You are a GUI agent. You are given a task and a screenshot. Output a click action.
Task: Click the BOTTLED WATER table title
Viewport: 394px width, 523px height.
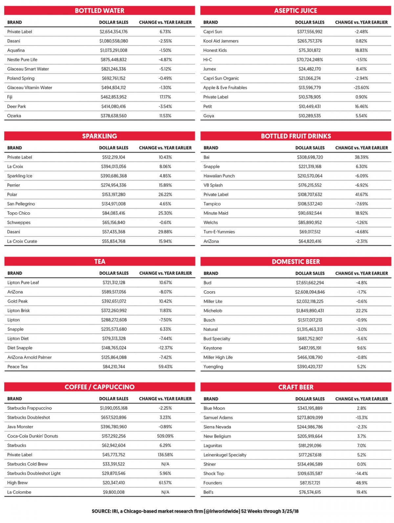click(x=99, y=11)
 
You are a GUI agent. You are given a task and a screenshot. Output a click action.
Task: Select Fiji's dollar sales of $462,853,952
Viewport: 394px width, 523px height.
click(x=114, y=97)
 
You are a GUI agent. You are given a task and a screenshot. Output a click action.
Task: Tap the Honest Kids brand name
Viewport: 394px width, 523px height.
click(x=215, y=50)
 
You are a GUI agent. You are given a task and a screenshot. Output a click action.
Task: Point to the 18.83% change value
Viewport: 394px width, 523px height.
click(x=361, y=50)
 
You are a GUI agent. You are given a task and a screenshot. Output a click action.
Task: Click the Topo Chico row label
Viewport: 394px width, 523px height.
click(x=18, y=213)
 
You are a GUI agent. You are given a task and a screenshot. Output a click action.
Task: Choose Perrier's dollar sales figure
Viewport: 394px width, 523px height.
click(x=114, y=185)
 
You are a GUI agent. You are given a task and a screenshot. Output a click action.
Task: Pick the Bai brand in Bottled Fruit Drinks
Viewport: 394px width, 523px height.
click(x=206, y=157)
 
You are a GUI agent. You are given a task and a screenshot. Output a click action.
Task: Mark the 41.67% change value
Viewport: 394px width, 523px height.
click(x=361, y=194)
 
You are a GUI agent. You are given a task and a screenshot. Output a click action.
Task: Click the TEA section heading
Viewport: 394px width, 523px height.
click(x=100, y=262)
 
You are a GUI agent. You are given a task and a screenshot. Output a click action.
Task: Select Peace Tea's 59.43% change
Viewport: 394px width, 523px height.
click(x=165, y=367)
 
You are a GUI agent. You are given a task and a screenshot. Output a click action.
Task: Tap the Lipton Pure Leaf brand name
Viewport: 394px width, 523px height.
click(x=23, y=283)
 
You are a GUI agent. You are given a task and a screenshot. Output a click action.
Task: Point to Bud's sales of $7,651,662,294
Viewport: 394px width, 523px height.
click(x=310, y=283)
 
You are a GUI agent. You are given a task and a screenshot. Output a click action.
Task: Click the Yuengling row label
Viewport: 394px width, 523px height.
click(x=213, y=367)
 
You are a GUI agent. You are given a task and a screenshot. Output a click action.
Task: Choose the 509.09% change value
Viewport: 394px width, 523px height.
click(x=165, y=436)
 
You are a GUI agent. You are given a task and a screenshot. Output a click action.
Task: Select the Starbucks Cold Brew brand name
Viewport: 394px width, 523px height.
click(x=27, y=464)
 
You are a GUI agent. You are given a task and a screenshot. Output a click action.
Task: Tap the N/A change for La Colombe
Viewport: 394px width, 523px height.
click(x=165, y=492)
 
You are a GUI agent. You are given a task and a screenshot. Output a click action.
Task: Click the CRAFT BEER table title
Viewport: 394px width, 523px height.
click(x=296, y=387)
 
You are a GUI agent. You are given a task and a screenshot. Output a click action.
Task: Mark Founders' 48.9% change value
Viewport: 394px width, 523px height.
click(x=361, y=483)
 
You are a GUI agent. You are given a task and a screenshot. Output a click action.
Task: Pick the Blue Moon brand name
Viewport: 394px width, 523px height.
click(x=214, y=408)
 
